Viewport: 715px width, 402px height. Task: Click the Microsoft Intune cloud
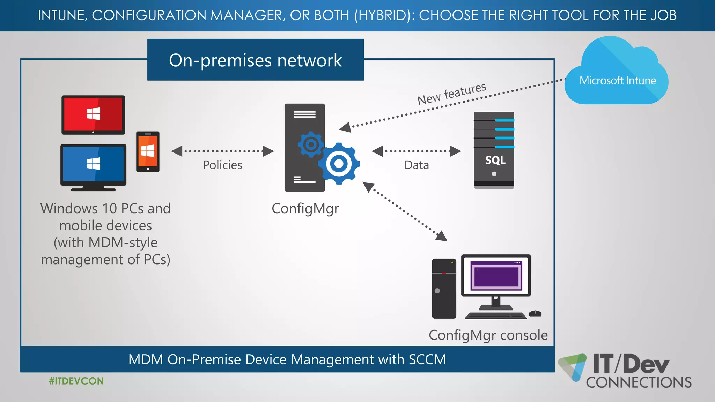coord(617,73)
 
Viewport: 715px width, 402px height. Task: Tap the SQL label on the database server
coord(495,160)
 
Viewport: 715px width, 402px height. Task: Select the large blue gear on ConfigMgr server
coord(339,163)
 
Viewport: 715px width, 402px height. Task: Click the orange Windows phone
coord(148,151)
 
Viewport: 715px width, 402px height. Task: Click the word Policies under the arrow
coord(222,165)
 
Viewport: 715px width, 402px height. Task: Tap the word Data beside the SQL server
coord(417,165)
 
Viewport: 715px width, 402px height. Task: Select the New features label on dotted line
coord(451,94)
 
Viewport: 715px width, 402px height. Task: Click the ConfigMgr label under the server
coord(305,209)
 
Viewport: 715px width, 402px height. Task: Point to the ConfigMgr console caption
coord(488,335)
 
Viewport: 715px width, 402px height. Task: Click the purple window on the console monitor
coord(496,276)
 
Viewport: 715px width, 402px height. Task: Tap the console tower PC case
coord(444,288)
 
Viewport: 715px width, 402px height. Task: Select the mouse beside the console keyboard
coord(535,313)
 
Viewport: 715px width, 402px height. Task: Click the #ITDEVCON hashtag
coord(76,381)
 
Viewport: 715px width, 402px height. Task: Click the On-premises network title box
coord(256,60)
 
